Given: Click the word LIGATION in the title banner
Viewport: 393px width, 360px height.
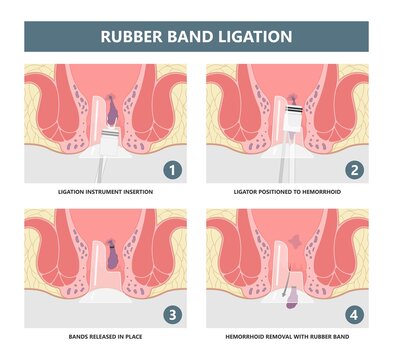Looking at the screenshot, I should pos(253,37).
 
